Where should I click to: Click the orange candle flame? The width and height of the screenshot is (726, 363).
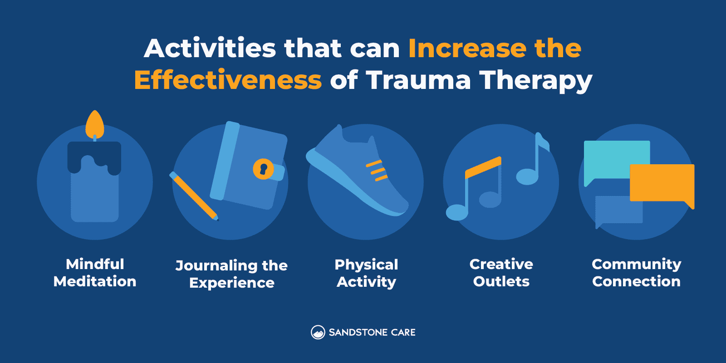[x=95, y=125]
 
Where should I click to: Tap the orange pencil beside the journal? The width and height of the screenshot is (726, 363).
[x=194, y=196]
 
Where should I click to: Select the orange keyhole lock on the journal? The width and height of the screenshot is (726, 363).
[x=263, y=169]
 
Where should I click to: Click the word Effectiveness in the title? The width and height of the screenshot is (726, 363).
[x=228, y=80]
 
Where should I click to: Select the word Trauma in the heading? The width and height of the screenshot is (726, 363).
[x=418, y=80]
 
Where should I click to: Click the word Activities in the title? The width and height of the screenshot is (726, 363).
[x=210, y=48]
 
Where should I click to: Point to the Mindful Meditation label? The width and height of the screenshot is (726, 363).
[x=95, y=273]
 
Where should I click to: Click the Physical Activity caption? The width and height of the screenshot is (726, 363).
[x=366, y=273]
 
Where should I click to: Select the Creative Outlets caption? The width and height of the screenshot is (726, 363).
[x=501, y=273]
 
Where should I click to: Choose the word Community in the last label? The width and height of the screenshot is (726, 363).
[x=636, y=264]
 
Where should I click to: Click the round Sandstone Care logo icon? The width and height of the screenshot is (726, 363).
[x=318, y=333]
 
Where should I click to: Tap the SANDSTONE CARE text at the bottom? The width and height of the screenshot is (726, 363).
[x=372, y=333]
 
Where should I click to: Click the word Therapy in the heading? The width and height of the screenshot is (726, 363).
[x=535, y=80]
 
